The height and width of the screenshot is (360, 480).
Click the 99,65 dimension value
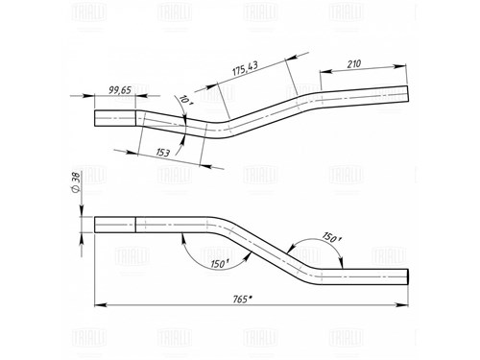[x=120, y=90]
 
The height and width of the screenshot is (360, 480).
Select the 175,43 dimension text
[x=245, y=69]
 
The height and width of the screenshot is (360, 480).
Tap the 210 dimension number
[x=354, y=64]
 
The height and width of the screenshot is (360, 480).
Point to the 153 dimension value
[x=163, y=153]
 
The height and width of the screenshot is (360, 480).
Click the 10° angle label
[x=183, y=100]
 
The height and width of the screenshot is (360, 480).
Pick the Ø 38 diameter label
[x=76, y=182]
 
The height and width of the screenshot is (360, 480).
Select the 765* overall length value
[x=242, y=300]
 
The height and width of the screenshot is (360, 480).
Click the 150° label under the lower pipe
[x=220, y=264]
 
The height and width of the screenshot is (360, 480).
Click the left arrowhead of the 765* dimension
[x=100, y=305]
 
